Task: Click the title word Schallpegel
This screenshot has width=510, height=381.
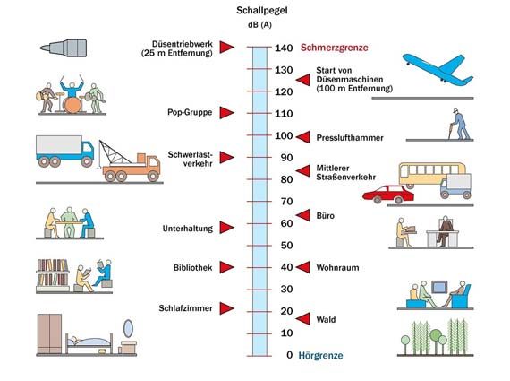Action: (x=262, y=11)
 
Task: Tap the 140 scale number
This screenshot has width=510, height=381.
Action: (x=284, y=48)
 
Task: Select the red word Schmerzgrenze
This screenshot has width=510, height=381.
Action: (x=334, y=48)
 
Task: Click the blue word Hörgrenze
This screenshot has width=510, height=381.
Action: (x=320, y=355)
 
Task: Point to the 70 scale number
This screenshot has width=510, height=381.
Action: (x=286, y=202)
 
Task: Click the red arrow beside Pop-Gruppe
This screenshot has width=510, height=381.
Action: (x=226, y=112)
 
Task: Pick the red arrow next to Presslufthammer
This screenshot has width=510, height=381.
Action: (x=302, y=137)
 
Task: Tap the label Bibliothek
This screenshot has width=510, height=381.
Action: (x=192, y=267)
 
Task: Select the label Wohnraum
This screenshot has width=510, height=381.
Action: (x=337, y=267)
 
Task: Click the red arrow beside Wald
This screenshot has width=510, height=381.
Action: (x=302, y=319)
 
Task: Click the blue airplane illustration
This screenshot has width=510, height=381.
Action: (x=438, y=70)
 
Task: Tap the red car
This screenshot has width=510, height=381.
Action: (x=388, y=195)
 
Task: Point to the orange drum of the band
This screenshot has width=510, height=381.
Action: (x=72, y=105)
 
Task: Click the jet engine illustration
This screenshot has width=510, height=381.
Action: (x=64, y=48)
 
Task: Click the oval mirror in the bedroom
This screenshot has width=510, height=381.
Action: (x=129, y=328)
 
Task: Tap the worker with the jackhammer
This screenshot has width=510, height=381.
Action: (x=459, y=125)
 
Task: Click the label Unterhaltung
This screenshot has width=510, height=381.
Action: (x=188, y=228)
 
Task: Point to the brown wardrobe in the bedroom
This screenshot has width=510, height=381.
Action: (x=49, y=333)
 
